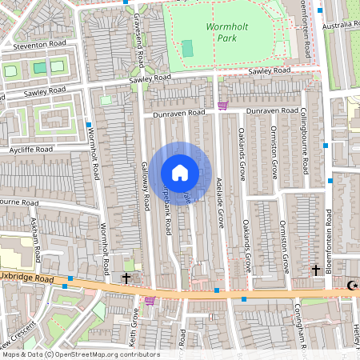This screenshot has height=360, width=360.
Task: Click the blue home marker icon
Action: coord(180,172)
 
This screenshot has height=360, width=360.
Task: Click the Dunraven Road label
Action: coord(271,110)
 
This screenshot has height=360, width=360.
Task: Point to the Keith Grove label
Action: coord(135,328)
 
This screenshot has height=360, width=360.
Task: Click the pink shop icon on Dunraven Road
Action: coord(222,106)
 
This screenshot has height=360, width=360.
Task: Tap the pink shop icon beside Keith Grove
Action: coord(149,301)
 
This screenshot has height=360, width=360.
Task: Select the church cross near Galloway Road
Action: coord(126,278)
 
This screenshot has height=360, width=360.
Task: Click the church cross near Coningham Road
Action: coord(315,270)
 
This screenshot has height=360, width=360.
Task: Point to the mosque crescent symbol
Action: coord(351,285)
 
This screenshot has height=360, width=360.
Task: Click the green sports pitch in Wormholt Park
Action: coord(187,49)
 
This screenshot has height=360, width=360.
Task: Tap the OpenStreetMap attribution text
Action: coord(80,354)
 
